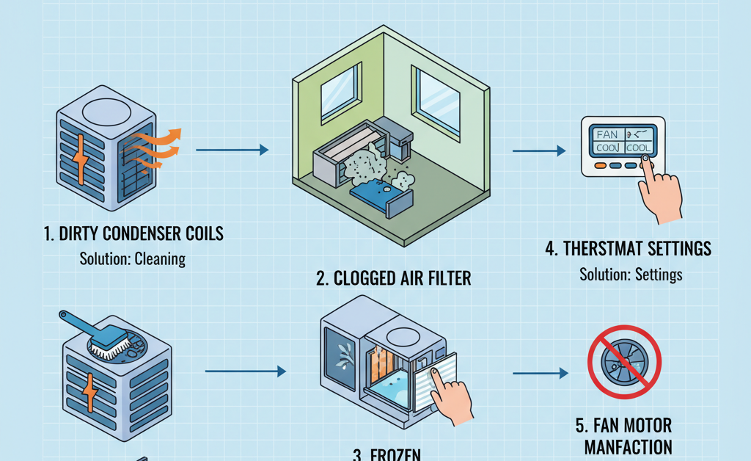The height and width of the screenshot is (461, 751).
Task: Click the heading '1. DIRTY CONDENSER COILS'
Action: (x=133, y=234)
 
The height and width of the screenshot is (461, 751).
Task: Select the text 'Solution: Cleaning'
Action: (x=133, y=259)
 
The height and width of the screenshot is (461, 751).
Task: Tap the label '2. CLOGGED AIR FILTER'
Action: (x=393, y=278)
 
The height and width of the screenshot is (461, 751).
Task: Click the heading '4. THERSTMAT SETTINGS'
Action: (x=629, y=248)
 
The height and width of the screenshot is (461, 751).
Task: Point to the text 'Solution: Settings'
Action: (x=631, y=275)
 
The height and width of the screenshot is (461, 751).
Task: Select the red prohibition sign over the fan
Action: (x=624, y=363)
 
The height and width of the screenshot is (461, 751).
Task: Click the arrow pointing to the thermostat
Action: (x=539, y=151)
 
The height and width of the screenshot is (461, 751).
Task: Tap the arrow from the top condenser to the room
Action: (x=232, y=150)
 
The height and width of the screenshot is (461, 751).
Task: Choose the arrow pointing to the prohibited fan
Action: (x=541, y=374)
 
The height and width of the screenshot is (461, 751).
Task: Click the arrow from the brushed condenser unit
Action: (x=245, y=372)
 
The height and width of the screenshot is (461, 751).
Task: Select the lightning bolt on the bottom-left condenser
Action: (x=90, y=396)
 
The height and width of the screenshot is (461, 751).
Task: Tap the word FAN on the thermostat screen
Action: (x=607, y=134)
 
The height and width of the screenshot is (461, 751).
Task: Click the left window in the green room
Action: (x=340, y=93)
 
